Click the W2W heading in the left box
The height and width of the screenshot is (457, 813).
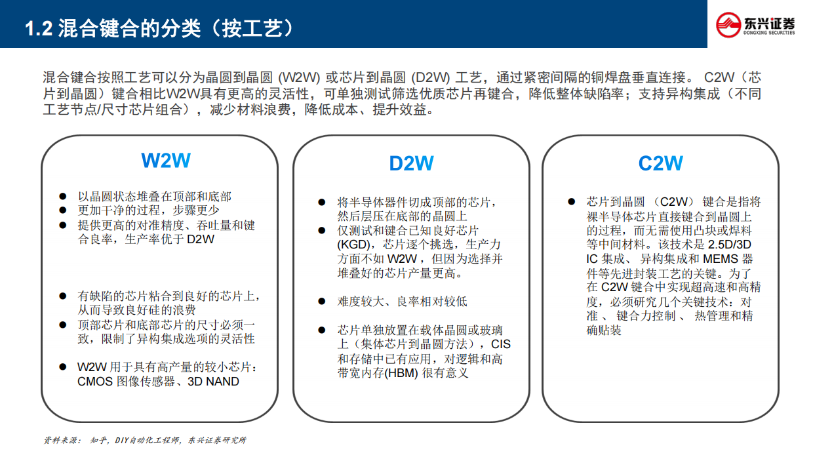pos(166,161)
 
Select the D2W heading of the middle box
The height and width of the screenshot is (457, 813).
pos(411,163)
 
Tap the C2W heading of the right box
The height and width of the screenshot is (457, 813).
pos(660,163)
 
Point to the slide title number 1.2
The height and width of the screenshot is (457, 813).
pos(38,29)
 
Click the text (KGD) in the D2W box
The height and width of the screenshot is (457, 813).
pos(353,245)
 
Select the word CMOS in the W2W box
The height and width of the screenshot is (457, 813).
pos(96,381)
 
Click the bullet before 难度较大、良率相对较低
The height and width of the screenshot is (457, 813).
pos(321,302)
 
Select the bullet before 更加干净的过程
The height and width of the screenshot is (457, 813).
pos(63,210)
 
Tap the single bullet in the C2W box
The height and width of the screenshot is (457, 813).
pos(571,202)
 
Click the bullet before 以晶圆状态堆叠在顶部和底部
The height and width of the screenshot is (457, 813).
pos(63,197)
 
